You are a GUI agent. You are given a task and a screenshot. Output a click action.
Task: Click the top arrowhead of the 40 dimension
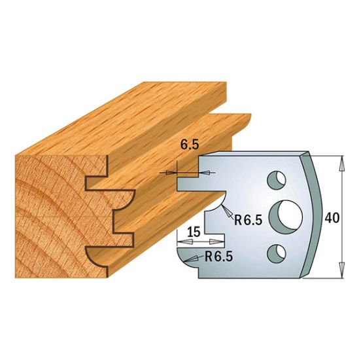[341, 160]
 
